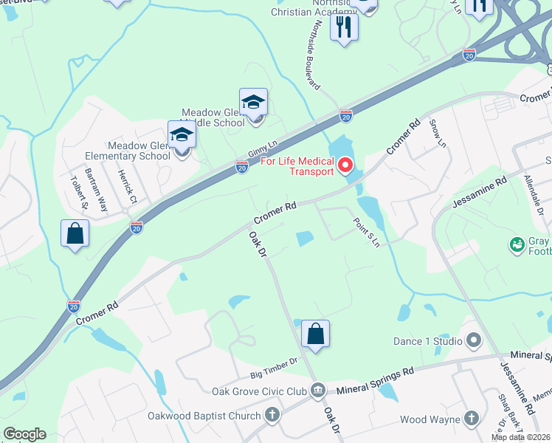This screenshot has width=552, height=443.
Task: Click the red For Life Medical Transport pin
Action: click(x=345, y=165)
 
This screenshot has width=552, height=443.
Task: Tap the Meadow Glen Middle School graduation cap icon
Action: click(x=253, y=102)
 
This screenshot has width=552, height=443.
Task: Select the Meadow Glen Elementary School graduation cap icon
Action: click(x=182, y=135)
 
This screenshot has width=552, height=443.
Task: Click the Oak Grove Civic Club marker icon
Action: click(x=318, y=389)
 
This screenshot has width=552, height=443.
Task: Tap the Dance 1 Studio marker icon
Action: click(x=473, y=340)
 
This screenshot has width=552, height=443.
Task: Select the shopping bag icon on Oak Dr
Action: click(x=315, y=333)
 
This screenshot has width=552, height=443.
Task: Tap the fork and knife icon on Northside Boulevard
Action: click(x=343, y=27)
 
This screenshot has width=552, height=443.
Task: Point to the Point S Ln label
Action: click(x=367, y=232)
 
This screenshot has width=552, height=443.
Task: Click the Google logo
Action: click(x=24, y=434)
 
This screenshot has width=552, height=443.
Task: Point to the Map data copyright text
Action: click(x=521, y=437)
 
